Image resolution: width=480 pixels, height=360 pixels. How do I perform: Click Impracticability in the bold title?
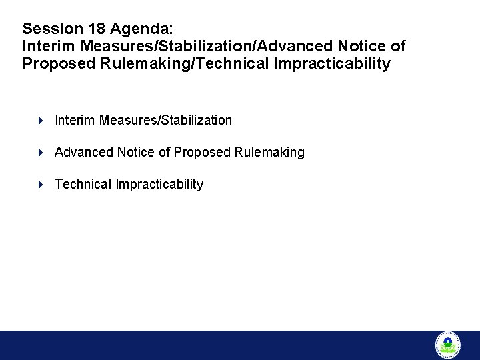tap(327, 64)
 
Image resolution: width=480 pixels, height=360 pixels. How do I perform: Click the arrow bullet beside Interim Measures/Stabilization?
tap(41, 121)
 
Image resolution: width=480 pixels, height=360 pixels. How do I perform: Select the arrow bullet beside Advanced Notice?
tap(41, 153)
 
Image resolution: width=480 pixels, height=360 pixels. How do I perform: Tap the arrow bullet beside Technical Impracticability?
tap(41, 185)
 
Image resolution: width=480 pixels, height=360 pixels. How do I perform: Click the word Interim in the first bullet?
tap(75, 121)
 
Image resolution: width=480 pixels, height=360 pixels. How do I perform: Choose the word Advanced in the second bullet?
tap(84, 153)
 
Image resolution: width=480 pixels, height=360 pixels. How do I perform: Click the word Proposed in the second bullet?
tap(202, 153)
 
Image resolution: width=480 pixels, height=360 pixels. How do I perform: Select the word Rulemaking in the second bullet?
tap(269, 153)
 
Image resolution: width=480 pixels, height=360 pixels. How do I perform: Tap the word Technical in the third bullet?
tap(83, 185)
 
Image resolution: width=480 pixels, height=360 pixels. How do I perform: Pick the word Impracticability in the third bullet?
tap(159, 185)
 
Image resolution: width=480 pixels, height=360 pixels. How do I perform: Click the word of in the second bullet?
tap(164, 153)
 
